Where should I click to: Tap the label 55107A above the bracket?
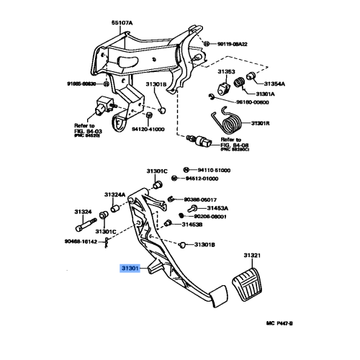pyautogui.click(x=122, y=22)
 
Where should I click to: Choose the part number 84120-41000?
pyautogui.click(x=148, y=130)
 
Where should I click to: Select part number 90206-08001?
pyautogui.click(x=208, y=216)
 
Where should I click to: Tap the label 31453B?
pyautogui.click(x=192, y=225)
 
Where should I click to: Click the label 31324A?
pyautogui.click(x=115, y=194)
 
